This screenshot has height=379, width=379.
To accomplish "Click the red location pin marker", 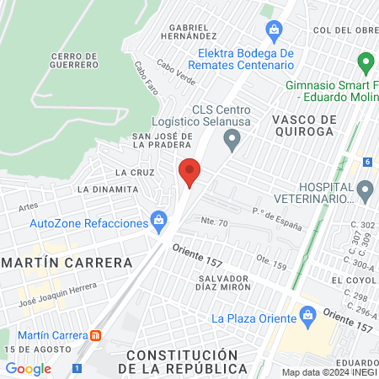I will [190, 171].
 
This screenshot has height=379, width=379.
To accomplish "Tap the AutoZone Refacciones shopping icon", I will [157, 221].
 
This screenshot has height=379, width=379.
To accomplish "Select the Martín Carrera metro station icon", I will [96, 334].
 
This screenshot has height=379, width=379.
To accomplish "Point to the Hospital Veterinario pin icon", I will [365, 192].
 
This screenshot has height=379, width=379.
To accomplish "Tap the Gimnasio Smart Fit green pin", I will [366, 63].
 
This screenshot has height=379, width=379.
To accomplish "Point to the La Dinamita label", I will [106, 189].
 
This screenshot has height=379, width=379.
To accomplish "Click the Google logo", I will [28, 368].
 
